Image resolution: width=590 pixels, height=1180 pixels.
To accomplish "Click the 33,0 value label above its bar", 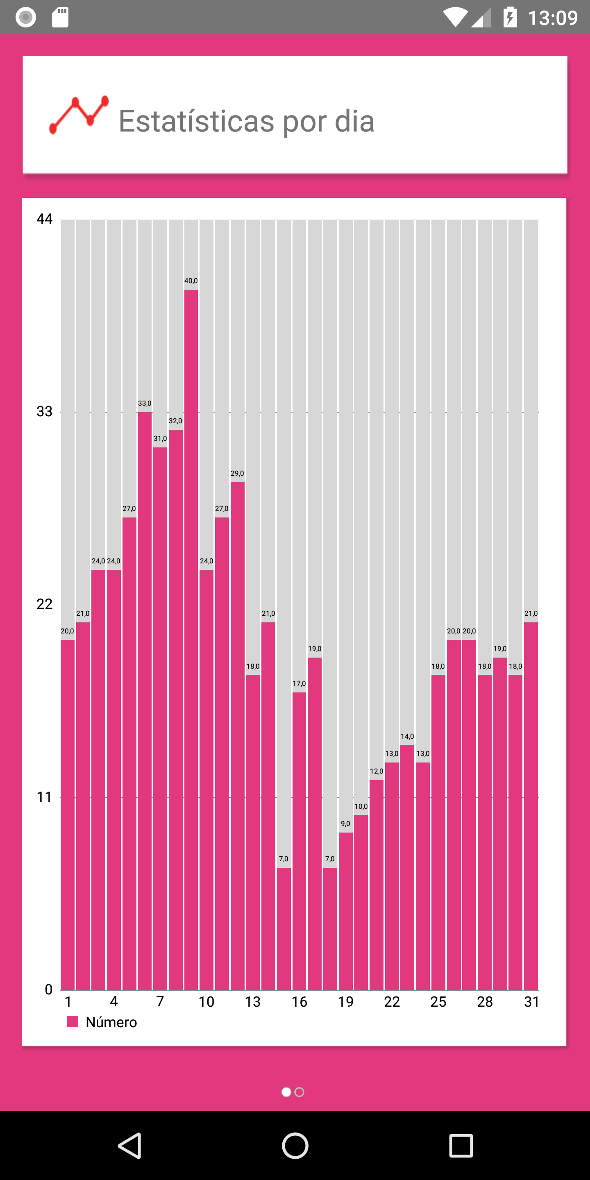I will tap(145, 403).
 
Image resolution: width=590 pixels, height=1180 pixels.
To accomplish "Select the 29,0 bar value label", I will tap(237, 473).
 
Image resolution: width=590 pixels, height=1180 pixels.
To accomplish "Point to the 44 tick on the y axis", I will tap(44, 219).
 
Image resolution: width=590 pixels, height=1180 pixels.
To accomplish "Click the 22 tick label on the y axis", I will tap(44, 604).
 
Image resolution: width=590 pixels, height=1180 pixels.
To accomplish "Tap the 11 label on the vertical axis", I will tap(44, 797).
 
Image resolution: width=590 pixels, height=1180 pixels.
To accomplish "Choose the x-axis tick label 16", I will tap(299, 1002).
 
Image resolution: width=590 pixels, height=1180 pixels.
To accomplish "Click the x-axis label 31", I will tap(531, 1002).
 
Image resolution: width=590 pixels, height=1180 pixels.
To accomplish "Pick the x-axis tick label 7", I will tap(160, 1002).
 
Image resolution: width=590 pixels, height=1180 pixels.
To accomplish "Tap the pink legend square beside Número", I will tap(73, 1021).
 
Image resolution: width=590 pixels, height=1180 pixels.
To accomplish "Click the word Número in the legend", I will tap(111, 1022).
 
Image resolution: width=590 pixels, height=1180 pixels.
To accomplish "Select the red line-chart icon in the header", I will tap(79, 115).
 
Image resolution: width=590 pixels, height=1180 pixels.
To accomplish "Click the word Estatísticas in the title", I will tap(197, 121).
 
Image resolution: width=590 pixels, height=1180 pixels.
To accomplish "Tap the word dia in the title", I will tap(354, 121).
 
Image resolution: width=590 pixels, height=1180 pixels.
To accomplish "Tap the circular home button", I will tap(295, 1145).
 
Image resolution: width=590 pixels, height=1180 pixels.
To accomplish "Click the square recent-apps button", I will tap(461, 1145).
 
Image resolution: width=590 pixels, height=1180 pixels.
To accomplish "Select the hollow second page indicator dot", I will tap(300, 1092).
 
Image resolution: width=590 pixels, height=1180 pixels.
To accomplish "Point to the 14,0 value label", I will tap(407, 736).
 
